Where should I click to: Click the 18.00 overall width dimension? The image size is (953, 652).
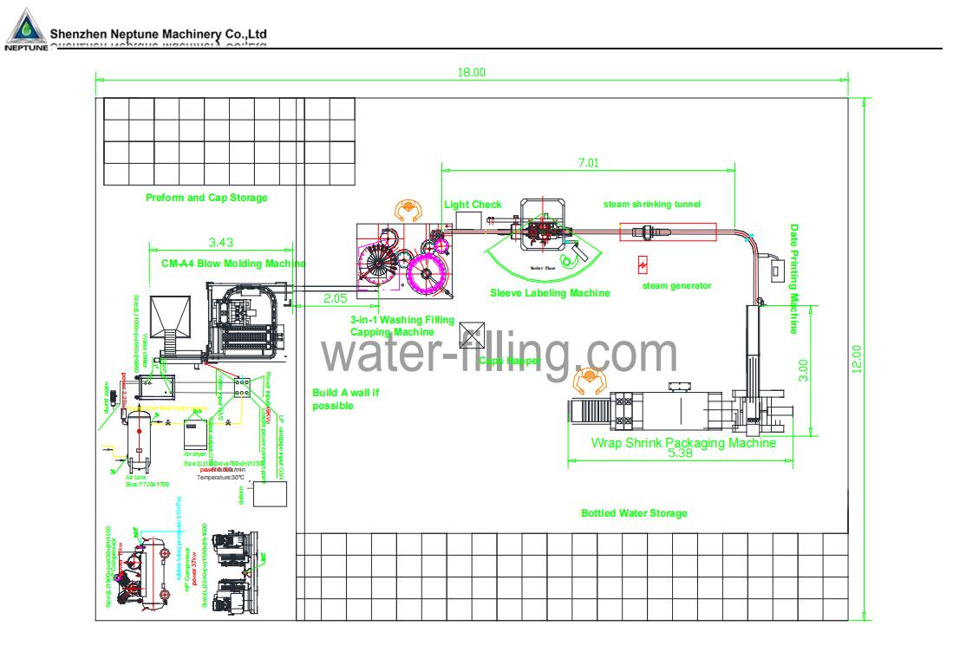[x=471, y=73]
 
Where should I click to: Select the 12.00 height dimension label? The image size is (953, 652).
[x=858, y=359]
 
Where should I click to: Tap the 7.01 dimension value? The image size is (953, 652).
[x=588, y=162]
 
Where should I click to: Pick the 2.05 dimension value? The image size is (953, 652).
[x=336, y=297]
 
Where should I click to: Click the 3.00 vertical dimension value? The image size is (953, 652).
[x=802, y=369]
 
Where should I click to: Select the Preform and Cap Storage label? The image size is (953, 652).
[x=206, y=198]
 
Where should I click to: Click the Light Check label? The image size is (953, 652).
[x=473, y=205]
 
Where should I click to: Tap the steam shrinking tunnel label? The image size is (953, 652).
[x=651, y=205]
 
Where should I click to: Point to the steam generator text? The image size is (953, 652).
[x=676, y=285]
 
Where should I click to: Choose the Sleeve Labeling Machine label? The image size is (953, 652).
[x=550, y=293]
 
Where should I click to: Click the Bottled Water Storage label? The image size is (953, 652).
[x=634, y=513]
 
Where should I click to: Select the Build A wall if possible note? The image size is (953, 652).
[x=346, y=399]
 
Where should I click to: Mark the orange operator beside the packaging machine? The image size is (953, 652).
[x=589, y=378]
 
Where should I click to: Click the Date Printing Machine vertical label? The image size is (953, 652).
[x=793, y=279]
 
